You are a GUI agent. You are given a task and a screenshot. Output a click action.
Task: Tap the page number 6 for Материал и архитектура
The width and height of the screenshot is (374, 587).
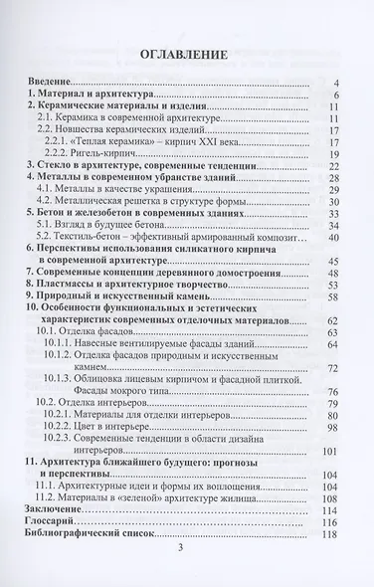coord(339,96)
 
